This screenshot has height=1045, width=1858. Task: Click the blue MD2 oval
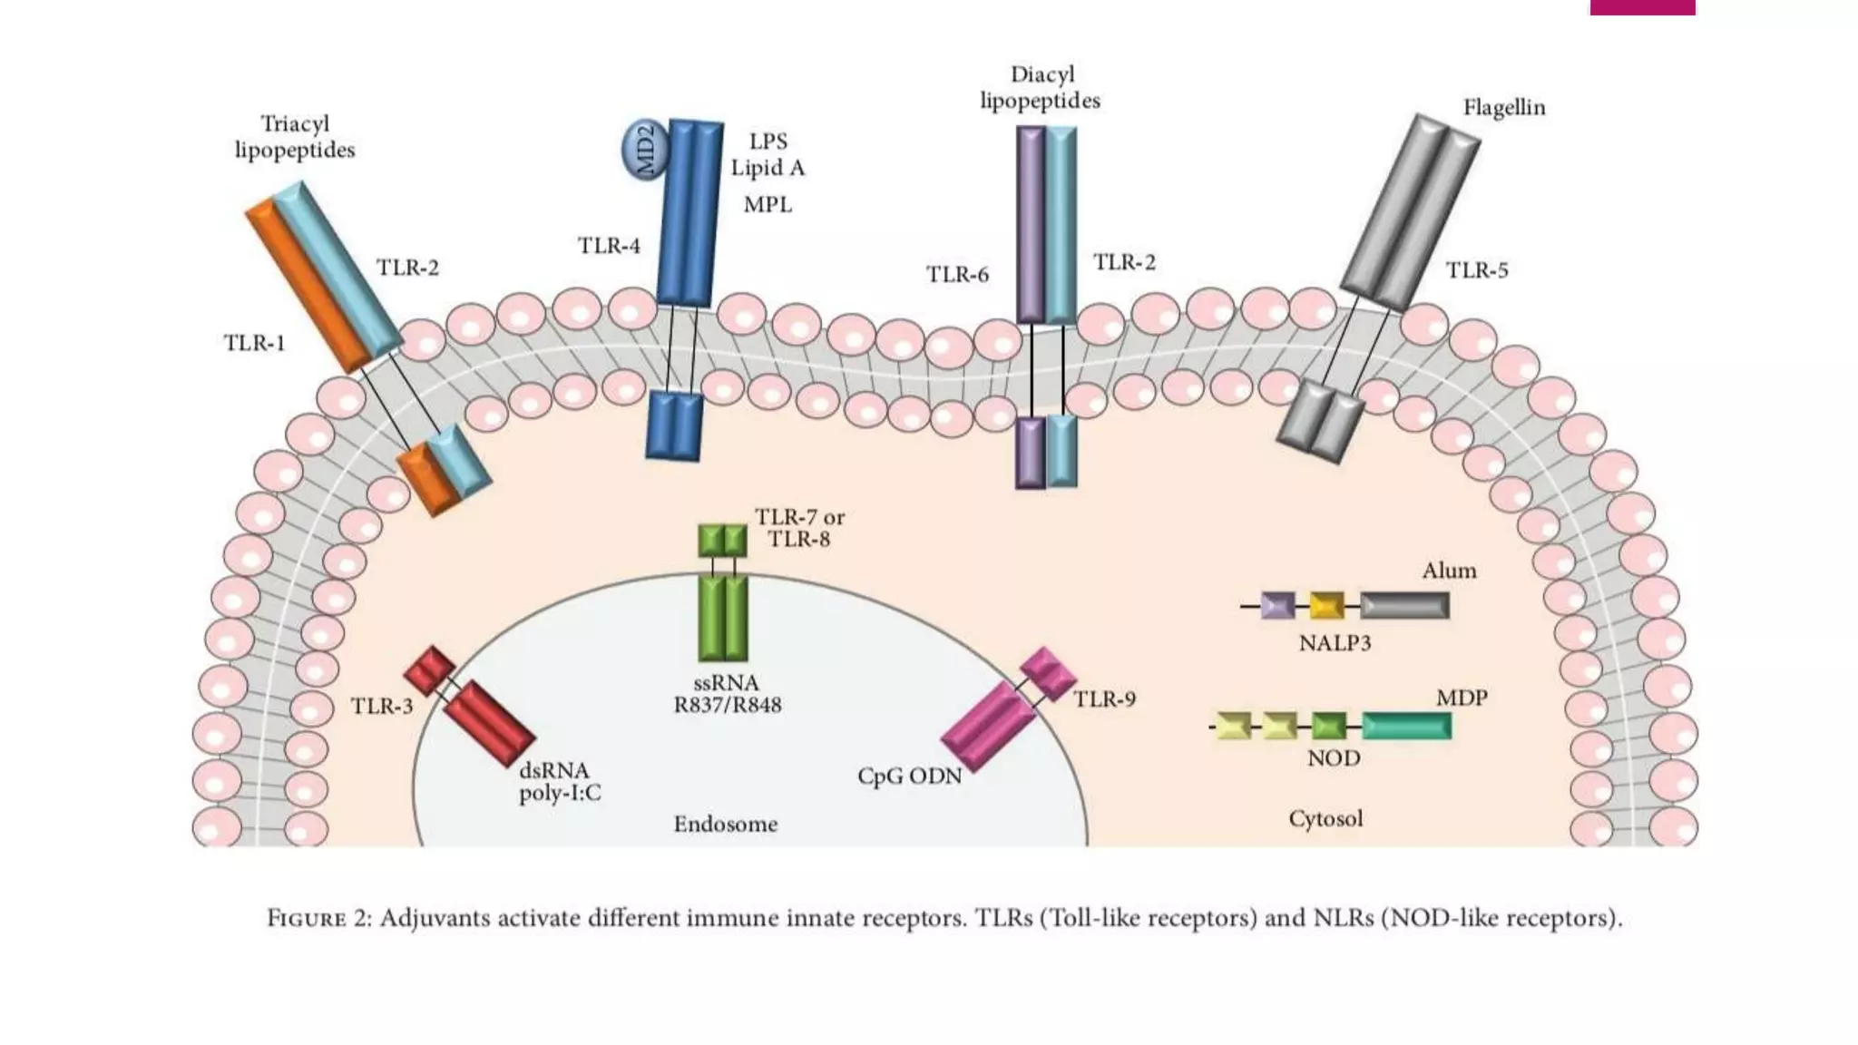pos(645,150)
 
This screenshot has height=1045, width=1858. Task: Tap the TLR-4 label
pos(609,246)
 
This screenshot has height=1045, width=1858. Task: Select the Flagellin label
pos(1503,108)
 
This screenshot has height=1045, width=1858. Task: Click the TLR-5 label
pos(1476,270)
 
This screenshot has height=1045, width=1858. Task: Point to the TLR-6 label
pos(956,275)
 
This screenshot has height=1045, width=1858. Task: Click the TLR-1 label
pos(254,343)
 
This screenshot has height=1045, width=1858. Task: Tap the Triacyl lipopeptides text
pos(295,137)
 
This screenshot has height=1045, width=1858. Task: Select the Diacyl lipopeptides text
pos(1041,88)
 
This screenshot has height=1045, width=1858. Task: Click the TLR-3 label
pos(381,707)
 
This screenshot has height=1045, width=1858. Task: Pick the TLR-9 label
pos(1104,699)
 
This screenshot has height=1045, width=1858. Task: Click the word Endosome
pos(725,825)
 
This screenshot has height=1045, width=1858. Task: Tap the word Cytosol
pos(1325,819)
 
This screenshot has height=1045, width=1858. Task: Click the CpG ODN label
pos(909,777)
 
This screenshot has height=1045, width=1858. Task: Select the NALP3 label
pos(1335,643)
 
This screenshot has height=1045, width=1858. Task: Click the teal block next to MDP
pos(1406,726)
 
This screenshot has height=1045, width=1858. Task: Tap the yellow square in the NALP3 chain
pos(1326,605)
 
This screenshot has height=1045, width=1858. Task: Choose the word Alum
pos(1449,571)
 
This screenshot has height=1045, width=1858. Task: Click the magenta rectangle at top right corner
pos(1642,7)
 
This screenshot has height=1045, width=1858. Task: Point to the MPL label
pos(768,205)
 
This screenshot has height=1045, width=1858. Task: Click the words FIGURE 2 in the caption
pos(318,919)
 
